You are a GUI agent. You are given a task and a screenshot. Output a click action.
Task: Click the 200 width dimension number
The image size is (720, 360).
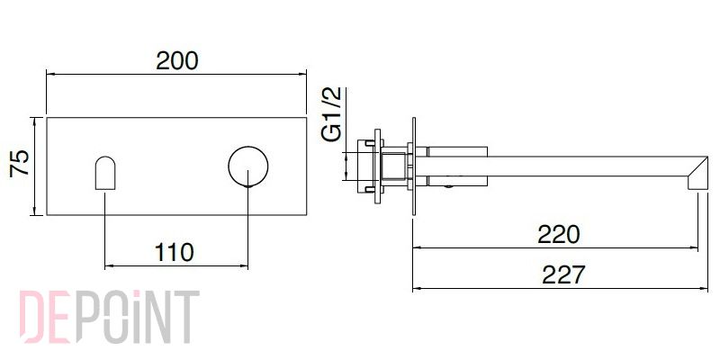tap(176, 60)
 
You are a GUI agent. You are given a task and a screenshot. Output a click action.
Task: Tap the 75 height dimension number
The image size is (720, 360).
tap(20, 163)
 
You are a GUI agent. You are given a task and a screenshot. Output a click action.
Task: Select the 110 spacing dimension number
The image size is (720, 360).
tap(174, 252)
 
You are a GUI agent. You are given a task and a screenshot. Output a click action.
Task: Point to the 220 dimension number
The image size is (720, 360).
tap(559, 235)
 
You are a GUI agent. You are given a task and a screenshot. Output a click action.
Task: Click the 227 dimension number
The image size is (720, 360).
tap(563, 275)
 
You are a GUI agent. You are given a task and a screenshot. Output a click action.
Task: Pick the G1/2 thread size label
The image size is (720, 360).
tap(331, 114)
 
